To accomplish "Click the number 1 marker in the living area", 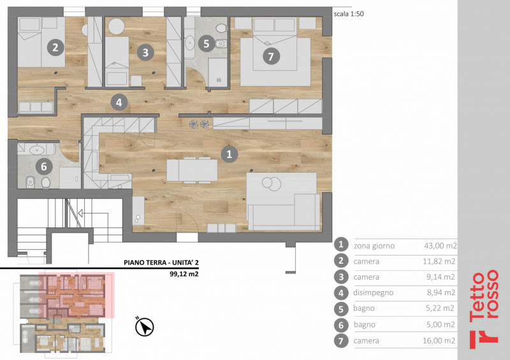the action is tap(229, 154).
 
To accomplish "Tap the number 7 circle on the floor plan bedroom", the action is tap(270, 57).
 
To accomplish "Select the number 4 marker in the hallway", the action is tap(119, 103).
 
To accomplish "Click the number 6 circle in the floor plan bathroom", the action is tap(43, 166).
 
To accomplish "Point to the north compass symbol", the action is tap(145, 327).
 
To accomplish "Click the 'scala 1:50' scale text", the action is tap(349, 14).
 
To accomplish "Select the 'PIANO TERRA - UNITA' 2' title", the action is tap(161, 263).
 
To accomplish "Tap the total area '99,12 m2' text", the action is tap(184, 274).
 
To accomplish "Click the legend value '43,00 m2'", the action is tap(441, 245).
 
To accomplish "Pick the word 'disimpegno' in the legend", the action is tap(374, 292).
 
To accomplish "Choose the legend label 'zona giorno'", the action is tap(374, 246).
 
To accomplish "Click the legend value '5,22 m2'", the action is tap(440, 308).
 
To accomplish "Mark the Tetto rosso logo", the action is tap(484, 309).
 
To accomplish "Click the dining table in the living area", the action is tap(192, 170).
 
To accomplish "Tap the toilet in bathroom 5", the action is tap(221, 43).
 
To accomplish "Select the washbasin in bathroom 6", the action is tap(37, 150).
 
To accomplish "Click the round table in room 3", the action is tap(116, 26).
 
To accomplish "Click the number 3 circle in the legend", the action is tap(341, 277).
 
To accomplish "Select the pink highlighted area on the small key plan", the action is tap(76, 295).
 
